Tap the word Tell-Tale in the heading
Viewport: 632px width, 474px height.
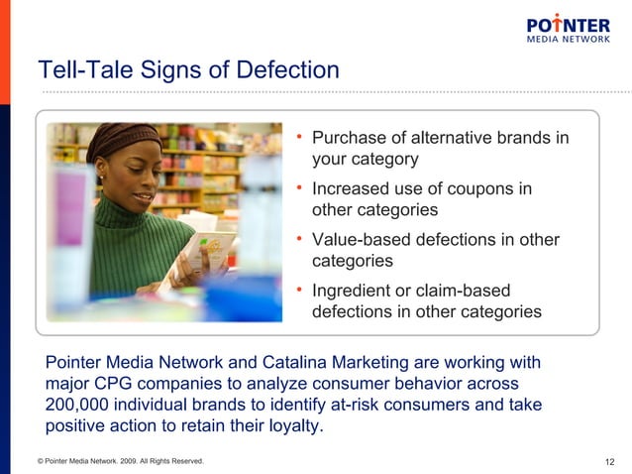pos(76,70)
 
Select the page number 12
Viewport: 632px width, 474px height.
pos(609,461)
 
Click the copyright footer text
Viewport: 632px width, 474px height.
pos(120,461)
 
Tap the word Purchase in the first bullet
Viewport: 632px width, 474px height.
pos(349,138)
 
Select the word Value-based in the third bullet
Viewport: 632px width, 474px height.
pos(358,240)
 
